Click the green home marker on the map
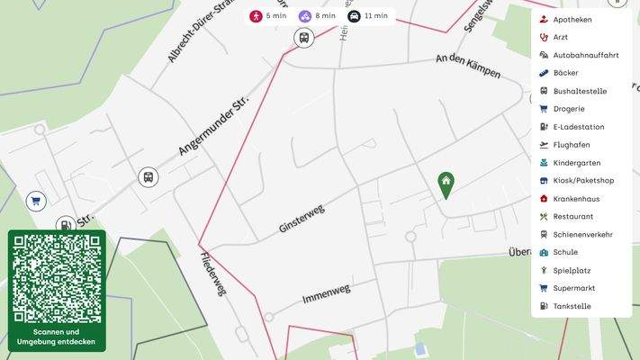pos(445,184)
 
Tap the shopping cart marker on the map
pos(36,202)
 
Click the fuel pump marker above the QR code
pos(65,225)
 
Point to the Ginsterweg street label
pos(302,219)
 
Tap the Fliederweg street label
pos(214,274)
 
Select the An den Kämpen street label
pos(467,66)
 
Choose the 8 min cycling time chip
pos(317,16)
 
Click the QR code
pos(57,278)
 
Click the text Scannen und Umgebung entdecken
pos(57,337)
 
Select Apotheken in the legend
pos(572,19)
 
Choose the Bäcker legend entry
pos(566,73)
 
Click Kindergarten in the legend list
pos(577,163)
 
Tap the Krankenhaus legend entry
pos(577,199)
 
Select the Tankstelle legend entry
pos(572,307)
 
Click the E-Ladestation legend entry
pos(578,127)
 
